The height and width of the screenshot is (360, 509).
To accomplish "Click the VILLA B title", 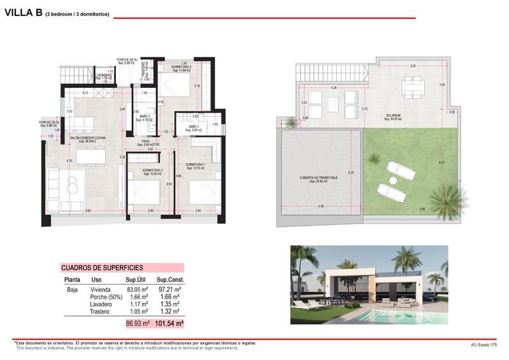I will tap(23, 13).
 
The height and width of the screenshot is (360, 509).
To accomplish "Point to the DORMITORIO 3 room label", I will tap(152, 171).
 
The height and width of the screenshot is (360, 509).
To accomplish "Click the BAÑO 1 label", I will tap(194, 127).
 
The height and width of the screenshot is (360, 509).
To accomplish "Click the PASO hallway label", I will tap(146, 142).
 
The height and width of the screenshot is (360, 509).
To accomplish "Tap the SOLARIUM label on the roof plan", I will tap(393, 116).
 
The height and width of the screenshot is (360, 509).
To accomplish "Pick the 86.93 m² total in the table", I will tap(138, 324).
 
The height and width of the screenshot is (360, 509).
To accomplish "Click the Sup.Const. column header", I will tap(170, 280).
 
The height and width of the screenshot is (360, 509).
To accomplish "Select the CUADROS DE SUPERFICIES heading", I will tap(102, 268).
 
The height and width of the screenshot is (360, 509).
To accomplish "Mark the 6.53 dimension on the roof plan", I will tap(441, 162).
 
